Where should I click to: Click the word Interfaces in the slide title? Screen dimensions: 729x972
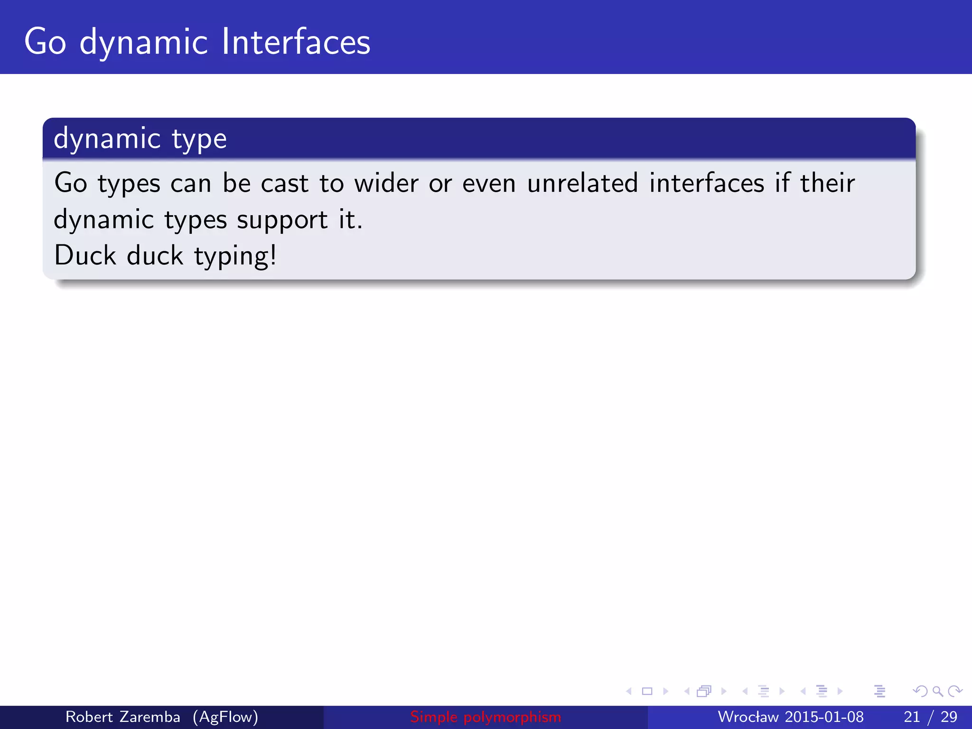point(296,42)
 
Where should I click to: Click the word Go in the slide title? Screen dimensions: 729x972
point(45,42)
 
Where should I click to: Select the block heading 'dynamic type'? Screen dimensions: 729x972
point(140,139)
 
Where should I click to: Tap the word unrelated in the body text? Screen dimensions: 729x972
point(582,183)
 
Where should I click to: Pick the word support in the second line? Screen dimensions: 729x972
point(282,220)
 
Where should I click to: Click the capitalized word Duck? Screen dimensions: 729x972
point(85,255)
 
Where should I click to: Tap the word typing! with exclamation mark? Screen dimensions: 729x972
point(235,256)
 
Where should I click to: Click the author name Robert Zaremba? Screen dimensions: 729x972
point(122,717)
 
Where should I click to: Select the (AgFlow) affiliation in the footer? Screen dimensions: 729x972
point(225,717)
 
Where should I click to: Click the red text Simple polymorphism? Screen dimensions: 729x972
point(486,717)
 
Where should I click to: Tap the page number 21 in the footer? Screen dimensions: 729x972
point(912,717)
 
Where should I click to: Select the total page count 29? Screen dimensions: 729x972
point(949,717)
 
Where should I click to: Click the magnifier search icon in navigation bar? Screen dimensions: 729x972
point(937,691)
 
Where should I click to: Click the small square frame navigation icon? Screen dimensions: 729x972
point(647,691)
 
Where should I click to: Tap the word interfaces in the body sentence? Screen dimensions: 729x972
point(706,183)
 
